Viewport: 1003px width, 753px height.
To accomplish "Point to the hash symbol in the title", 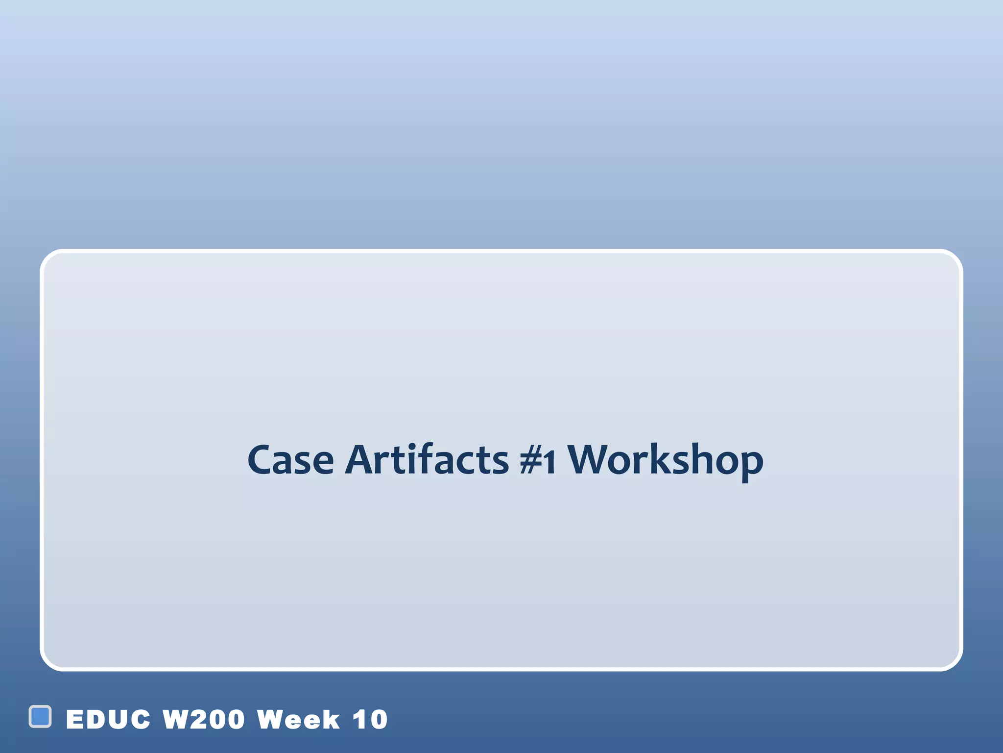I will [531, 461].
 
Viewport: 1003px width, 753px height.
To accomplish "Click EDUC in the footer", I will [108, 720].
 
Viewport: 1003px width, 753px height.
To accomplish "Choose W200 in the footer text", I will [203, 720].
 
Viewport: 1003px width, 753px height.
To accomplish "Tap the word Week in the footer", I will [298, 720].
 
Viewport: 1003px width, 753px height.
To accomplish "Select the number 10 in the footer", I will [370, 720].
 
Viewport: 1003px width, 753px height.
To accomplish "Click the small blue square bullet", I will [40, 716].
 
